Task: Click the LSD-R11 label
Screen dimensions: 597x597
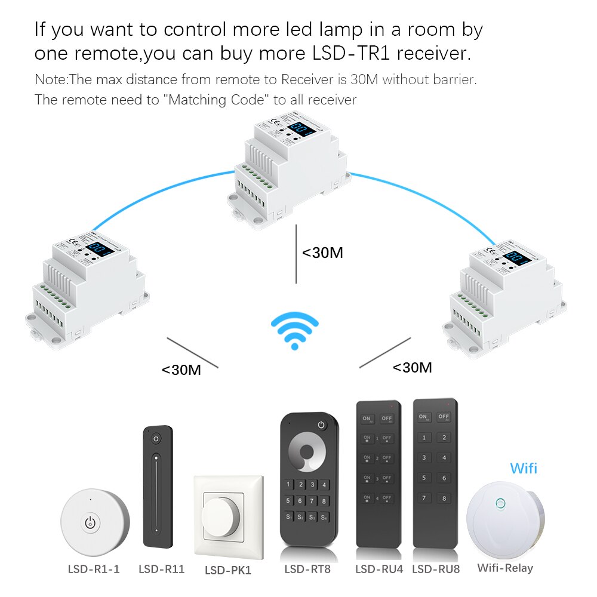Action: [161, 569]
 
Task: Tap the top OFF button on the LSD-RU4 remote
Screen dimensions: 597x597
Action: [387, 418]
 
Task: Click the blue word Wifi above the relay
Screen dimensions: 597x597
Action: [524, 468]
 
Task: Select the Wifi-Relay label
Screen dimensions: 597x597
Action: [505, 568]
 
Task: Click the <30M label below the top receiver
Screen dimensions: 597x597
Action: [322, 253]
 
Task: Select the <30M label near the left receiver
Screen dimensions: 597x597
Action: [181, 370]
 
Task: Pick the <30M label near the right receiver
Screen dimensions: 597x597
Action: [412, 368]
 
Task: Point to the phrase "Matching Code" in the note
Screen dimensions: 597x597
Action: [215, 99]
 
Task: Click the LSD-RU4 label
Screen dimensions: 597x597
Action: [379, 569]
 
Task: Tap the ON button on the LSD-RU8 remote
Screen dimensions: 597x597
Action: [424, 417]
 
